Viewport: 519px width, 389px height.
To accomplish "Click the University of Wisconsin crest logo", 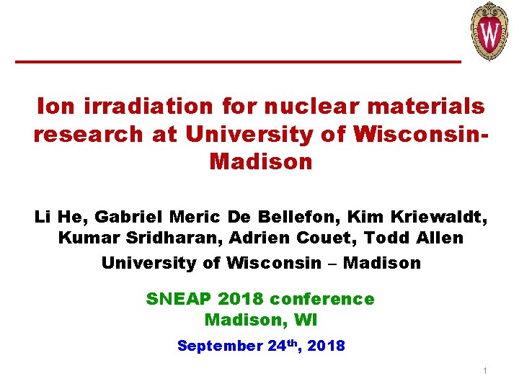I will click(489, 31).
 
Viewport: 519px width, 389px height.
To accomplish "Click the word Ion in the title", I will click(54, 107).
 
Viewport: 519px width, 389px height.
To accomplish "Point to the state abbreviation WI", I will click(307, 319).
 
